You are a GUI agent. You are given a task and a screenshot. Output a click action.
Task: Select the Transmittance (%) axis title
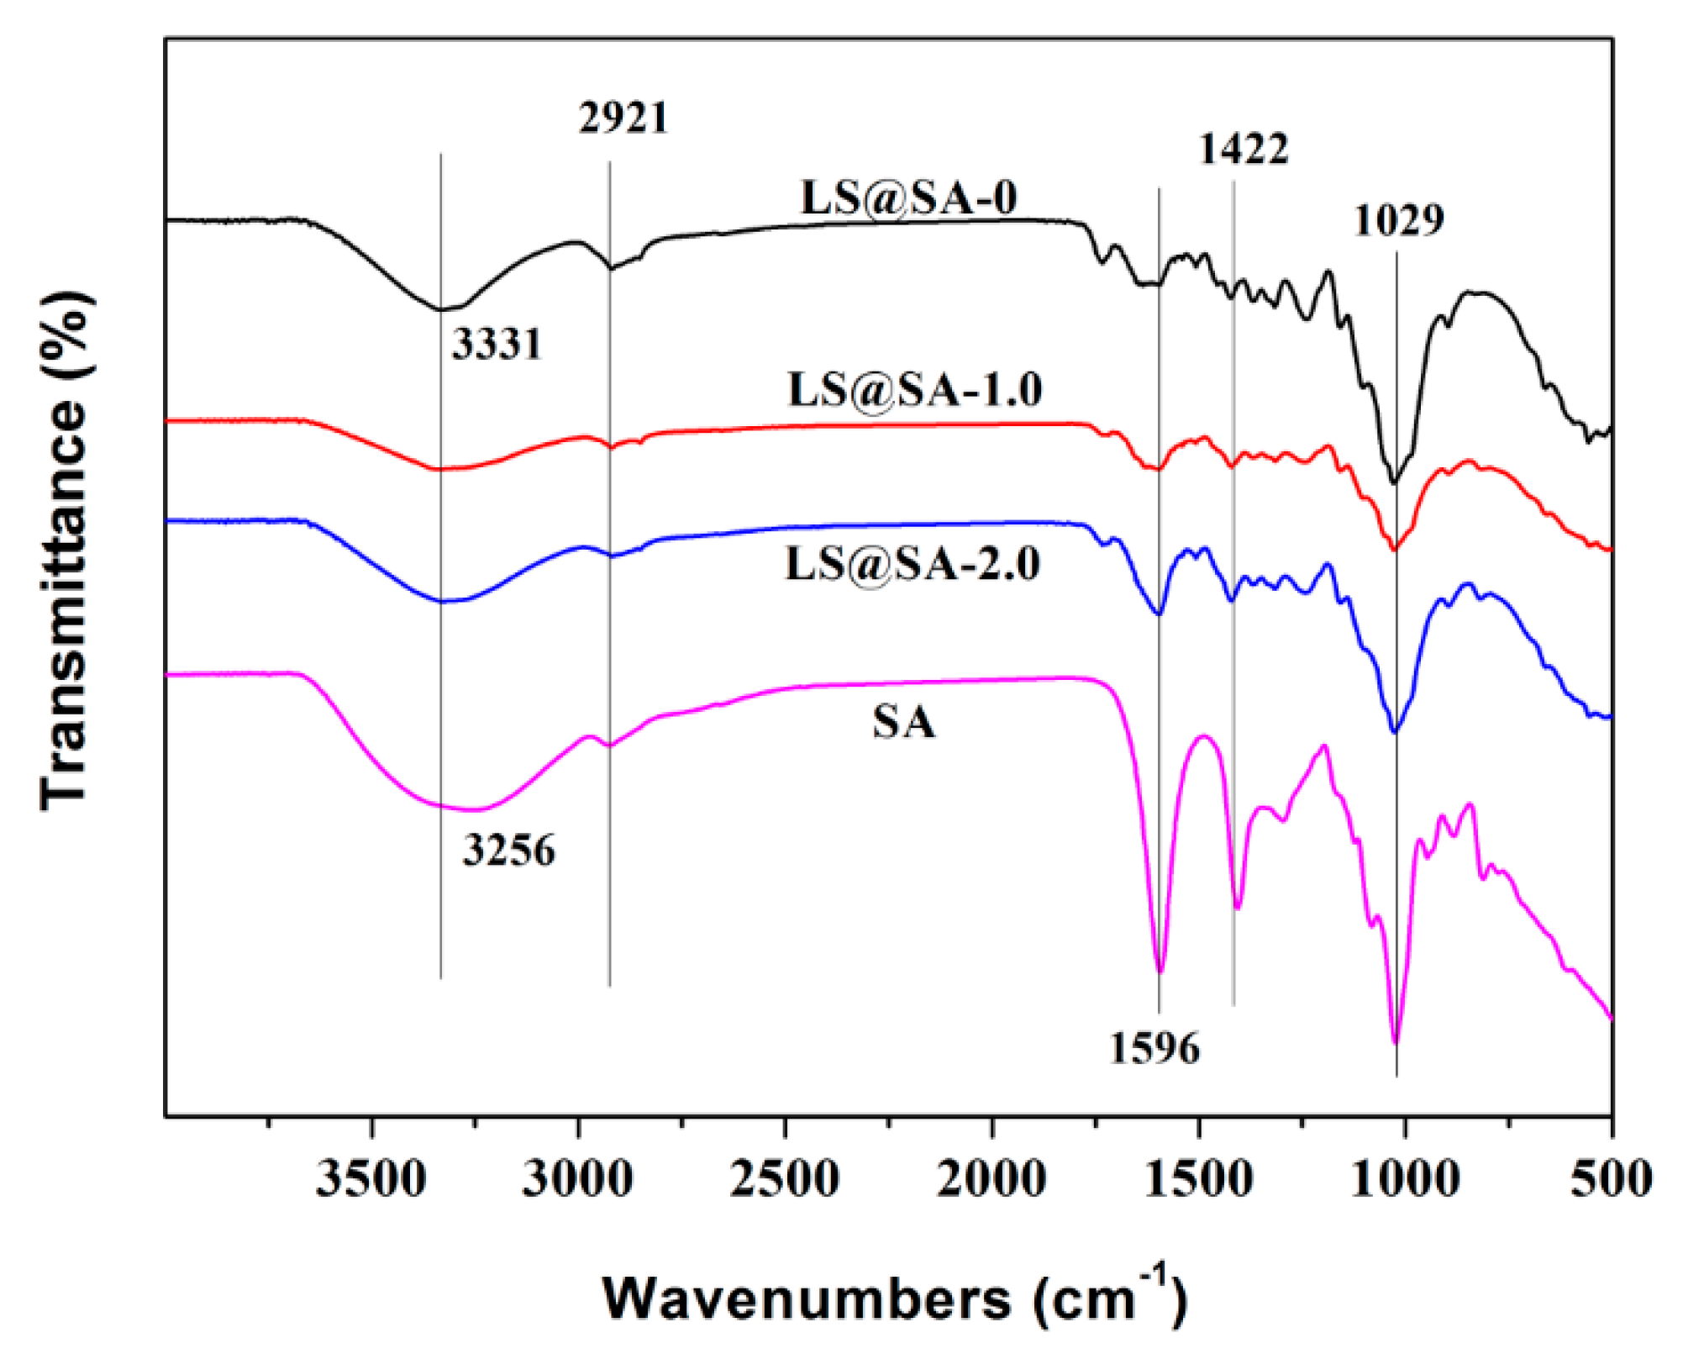point(66,551)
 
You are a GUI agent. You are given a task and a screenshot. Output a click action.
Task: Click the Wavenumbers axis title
point(895,1299)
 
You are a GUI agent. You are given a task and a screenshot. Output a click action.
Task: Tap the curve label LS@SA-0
point(909,198)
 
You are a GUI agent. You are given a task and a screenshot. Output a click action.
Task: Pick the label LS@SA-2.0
point(913,563)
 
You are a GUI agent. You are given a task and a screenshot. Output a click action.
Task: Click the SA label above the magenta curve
point(903,722)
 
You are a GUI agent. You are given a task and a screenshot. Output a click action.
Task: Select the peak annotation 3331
point(497,344)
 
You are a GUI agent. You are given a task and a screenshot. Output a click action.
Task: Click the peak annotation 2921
point(623,118)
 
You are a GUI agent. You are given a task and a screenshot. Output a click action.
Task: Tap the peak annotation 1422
point(1244,150)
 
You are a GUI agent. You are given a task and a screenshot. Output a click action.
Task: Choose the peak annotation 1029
point(1399,221)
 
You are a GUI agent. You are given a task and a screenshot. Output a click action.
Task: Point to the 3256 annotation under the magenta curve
point(509,851)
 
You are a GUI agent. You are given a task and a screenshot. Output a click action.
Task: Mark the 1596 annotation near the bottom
point(1155,1048)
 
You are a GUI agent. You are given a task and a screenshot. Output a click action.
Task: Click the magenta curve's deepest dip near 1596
point(1160,972)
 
